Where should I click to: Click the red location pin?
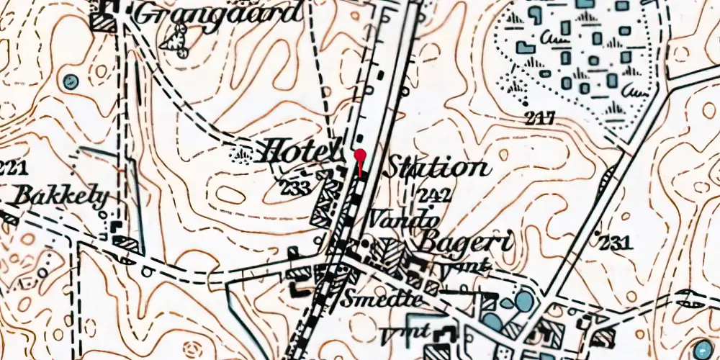(x=360, y=156)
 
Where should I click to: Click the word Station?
(x=436, y=168)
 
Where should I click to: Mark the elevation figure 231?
(x=614, y=243)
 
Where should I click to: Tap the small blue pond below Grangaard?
(x=70, y=81)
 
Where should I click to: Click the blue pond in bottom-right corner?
(x=703, y=350)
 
